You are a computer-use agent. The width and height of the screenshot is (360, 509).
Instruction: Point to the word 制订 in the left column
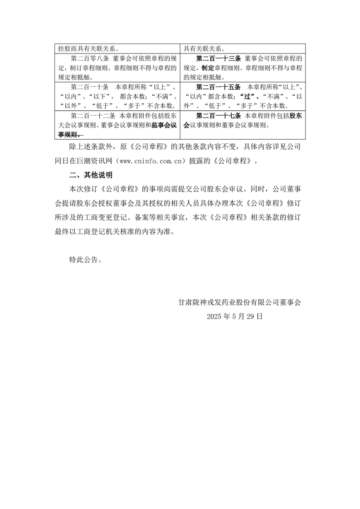[74, 68]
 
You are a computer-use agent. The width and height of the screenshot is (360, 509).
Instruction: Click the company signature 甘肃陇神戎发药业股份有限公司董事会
[240, 302]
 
